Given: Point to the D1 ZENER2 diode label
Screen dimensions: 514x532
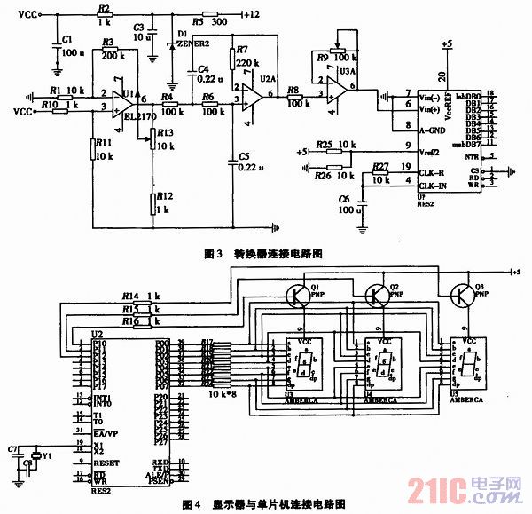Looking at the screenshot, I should pyautogui.click(x=191, y=37).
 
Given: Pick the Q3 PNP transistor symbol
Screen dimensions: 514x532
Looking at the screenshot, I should pyautogui.click(x=462, y=295).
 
